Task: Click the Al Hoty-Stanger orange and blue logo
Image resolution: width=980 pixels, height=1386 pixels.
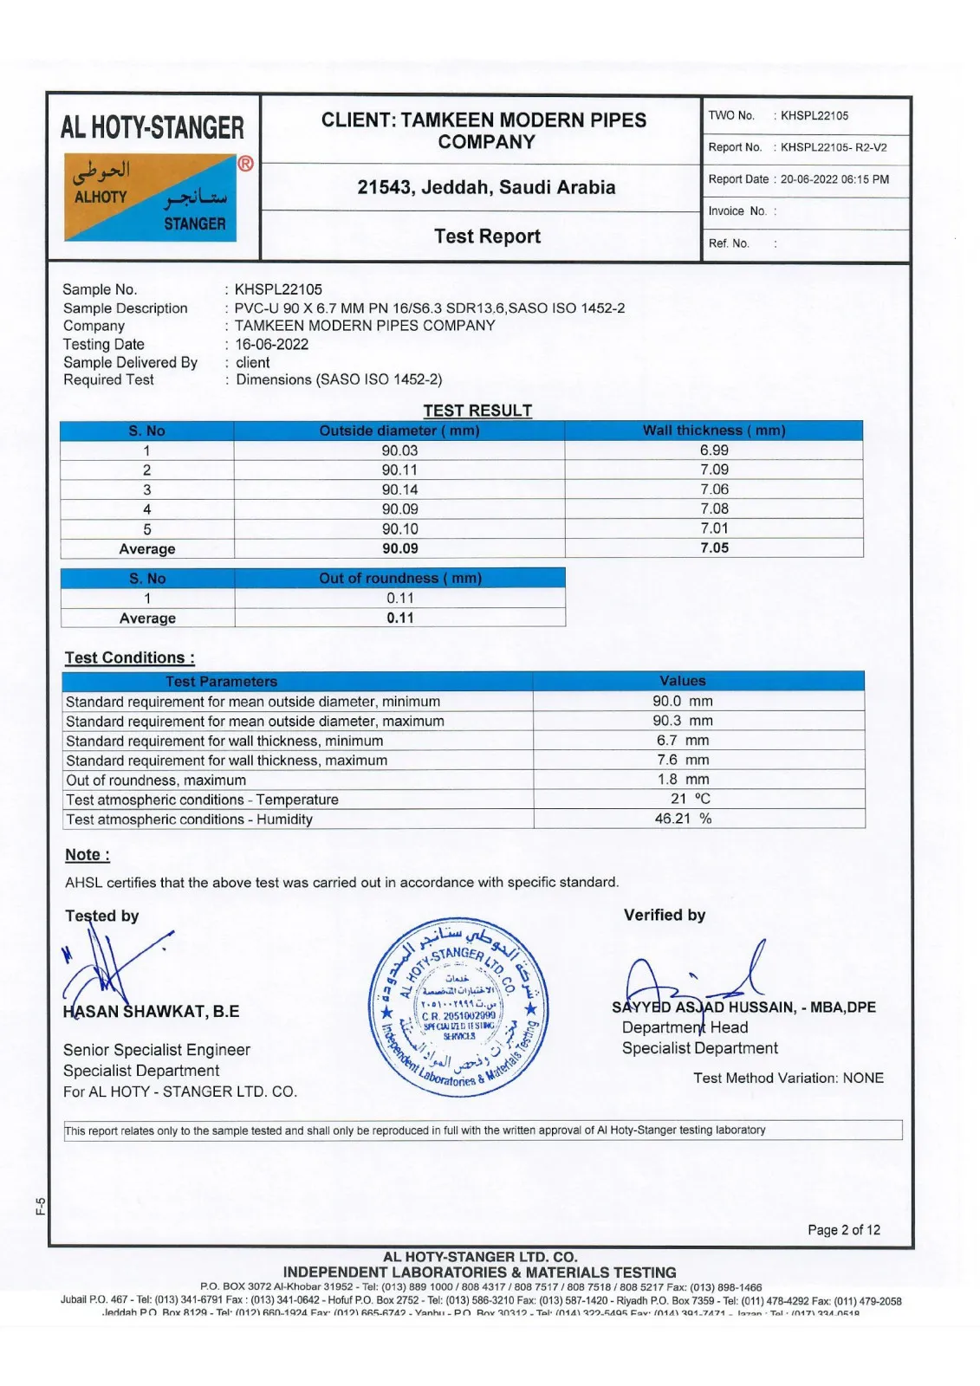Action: pyautogui.click(x=150, y=198)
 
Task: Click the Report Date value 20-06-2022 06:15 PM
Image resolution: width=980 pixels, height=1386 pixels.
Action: pyautogui.click(x=834, y=179)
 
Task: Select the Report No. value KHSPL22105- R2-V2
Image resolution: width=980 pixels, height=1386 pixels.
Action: pyautogui.click(x=833, y=147)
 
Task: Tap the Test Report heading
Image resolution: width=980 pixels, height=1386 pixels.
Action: pyautogui.click(x=487, y=236)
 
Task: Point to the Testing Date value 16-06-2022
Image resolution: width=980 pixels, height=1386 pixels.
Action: pyautogui.click(x=271, y=344)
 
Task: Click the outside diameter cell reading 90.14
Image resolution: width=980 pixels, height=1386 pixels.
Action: pyautogui.click(x=399, y=489)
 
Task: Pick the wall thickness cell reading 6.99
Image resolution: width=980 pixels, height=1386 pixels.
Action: pyautogui.click(x=714, y=450)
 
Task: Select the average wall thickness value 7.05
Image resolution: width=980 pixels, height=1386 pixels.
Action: pyautogui.click(x=714, y=548)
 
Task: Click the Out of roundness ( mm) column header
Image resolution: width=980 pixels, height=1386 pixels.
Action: pyautogui.click(x=399, y=578)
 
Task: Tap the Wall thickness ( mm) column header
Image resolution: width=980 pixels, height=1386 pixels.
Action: pyautogui.click(x=714, y=431)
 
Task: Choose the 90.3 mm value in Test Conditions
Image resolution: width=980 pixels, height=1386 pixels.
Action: pyautogui.click(x=682, y=721)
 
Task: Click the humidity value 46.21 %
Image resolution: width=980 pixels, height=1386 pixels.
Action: pyautogui.click(x=682, y=819)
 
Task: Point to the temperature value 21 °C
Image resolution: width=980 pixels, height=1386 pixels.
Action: pyautogui.click(x=690, y=799)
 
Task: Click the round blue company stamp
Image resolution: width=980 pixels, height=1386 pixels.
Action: pyautogui.click(x=458, y=1007)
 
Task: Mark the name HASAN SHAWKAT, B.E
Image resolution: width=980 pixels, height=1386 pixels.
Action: pyautogui.click(x=151, y=1012)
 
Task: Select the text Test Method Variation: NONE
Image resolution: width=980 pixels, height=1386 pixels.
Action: pyautogui.click(x=788, y=1078)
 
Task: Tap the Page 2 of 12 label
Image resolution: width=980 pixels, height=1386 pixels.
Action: pyautogui.click(x=843, y=1230)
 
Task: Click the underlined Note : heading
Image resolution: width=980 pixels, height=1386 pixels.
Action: pyautogui.click(x=87, y=855)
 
